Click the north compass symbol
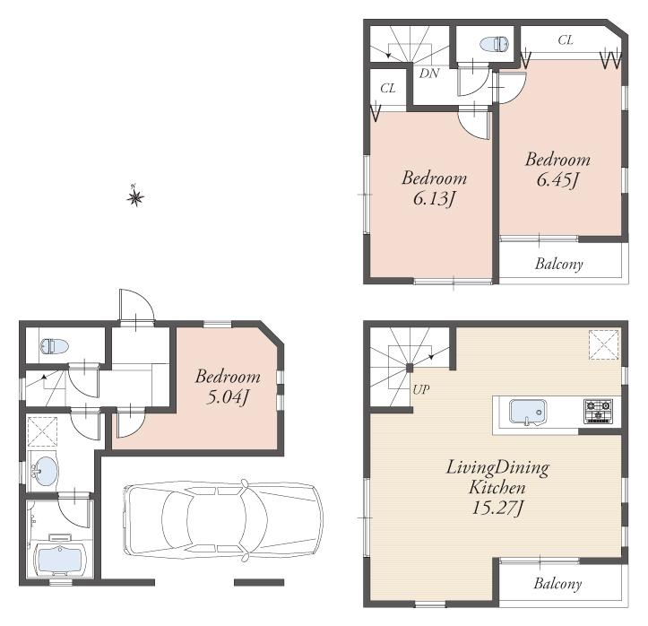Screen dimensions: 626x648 pos(135,196)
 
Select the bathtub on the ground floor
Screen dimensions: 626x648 pos(57,558)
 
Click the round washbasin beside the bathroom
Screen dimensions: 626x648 pos(44,469)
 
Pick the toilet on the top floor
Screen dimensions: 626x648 pos(494,43)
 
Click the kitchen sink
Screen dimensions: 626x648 pos(526,412)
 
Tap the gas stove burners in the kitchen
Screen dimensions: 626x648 pos(598,412)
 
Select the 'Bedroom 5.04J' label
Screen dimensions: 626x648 pos(228,387)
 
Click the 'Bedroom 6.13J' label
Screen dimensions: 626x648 pos(434,188)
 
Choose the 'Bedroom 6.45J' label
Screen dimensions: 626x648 pos(557,170)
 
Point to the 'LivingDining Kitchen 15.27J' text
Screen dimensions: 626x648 pos(497,490)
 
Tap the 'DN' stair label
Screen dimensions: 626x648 pos(428,73)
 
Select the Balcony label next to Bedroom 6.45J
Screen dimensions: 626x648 pos(559,265)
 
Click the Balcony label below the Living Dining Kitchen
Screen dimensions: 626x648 pos(557,584)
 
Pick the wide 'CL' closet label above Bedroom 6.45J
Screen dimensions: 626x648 pos(566,40)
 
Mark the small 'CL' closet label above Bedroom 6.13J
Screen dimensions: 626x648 pos(387,88)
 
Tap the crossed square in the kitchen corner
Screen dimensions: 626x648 pos(603,344)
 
